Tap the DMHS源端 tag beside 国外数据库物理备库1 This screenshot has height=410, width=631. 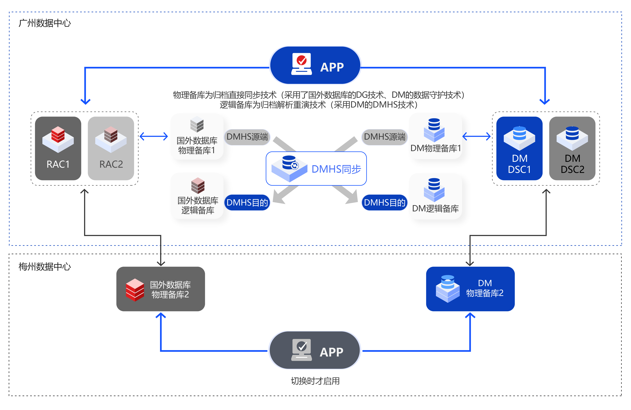247,137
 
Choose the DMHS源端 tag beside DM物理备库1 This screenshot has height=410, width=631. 384,137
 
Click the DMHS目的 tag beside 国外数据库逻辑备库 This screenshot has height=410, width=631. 247,203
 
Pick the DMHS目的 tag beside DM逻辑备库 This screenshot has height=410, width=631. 384,203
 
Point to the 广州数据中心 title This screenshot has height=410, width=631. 45,23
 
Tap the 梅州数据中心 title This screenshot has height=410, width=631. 45,267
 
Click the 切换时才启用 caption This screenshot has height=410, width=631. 315,381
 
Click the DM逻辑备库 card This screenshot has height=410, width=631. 435,196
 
